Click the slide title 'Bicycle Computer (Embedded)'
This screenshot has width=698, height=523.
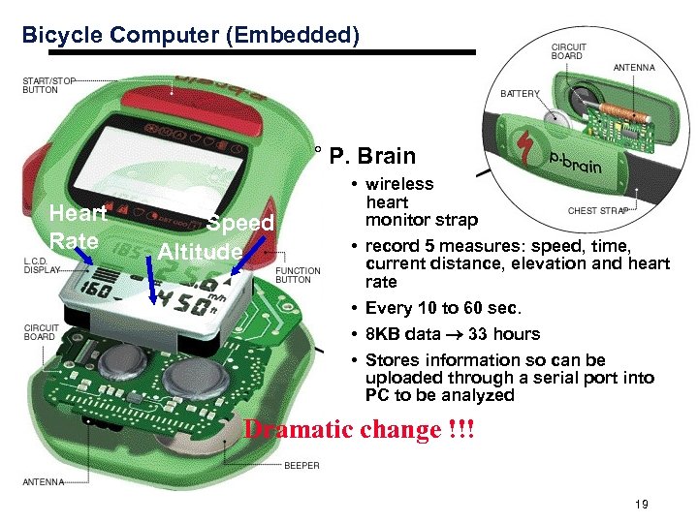pos(191,36)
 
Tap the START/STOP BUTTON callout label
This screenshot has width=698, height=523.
pos(49,85)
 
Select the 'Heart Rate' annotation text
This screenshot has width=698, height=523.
pos(78,227)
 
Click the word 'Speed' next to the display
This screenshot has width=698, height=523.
pos(240,224)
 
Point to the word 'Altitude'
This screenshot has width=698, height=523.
pos(200,252)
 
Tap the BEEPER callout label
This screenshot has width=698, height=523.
pos(301,466)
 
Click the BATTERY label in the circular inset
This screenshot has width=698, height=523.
pos(520,94)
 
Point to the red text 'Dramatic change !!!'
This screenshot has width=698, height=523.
pos(360,429)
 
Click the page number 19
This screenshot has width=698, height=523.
pos(641,504)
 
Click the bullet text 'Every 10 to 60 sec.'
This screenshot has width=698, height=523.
pos(443,309)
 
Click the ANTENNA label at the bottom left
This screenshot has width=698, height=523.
pos(44,481)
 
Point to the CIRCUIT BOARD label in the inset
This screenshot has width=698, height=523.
pos(569,51)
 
